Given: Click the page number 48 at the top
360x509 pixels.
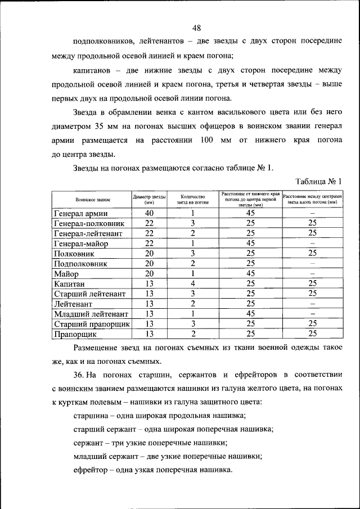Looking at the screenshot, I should coord(196,28).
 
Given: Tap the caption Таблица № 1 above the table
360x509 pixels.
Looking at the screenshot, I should coord(318,181).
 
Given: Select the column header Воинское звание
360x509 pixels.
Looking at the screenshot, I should coord(93,200).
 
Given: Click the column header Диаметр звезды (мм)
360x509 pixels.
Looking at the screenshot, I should coord(149,200).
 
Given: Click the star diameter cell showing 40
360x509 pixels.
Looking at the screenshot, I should coord(149,213).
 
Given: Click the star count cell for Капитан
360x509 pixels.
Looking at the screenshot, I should coord(192,283).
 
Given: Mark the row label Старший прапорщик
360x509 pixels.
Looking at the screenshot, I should coord(92,324).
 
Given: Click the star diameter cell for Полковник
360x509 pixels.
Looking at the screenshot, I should coord(149,254).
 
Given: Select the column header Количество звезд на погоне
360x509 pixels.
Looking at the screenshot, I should coord(192,200).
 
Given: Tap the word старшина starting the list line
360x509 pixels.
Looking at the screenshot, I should coord(91,416).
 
